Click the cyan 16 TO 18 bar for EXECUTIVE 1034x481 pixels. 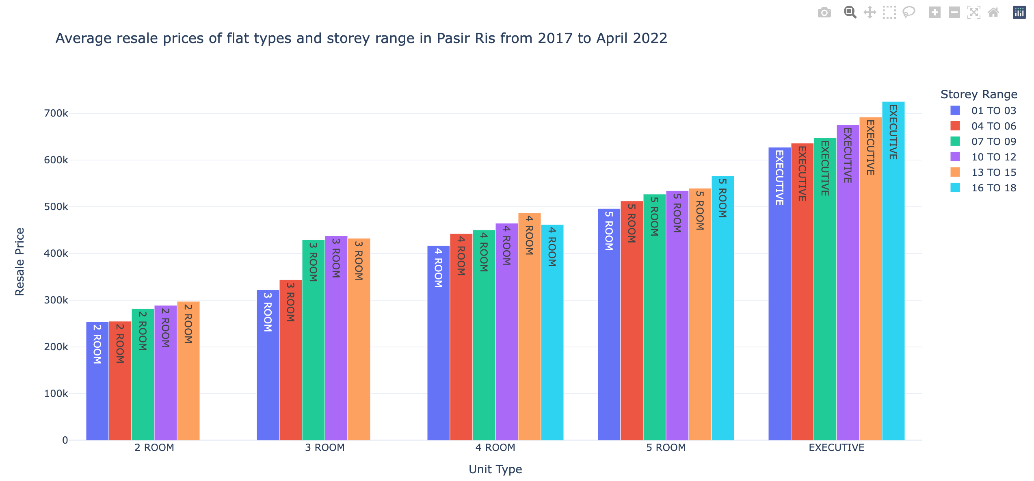tap(893, 284)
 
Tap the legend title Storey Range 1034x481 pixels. tap(979, 94)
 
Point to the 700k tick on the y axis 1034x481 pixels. tap(56, 113)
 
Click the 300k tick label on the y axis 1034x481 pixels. tap(56, 300)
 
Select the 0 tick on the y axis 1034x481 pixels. tap(65, 440)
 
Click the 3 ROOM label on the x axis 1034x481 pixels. tap(324, 448)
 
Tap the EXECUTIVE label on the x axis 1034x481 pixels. tap(836, 448)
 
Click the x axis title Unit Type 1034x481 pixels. tap(495, 469)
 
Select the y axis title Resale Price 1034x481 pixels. tap(19, 262)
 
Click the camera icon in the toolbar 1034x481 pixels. tap(824, 13)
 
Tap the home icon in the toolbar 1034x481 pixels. tap(993, 13)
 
